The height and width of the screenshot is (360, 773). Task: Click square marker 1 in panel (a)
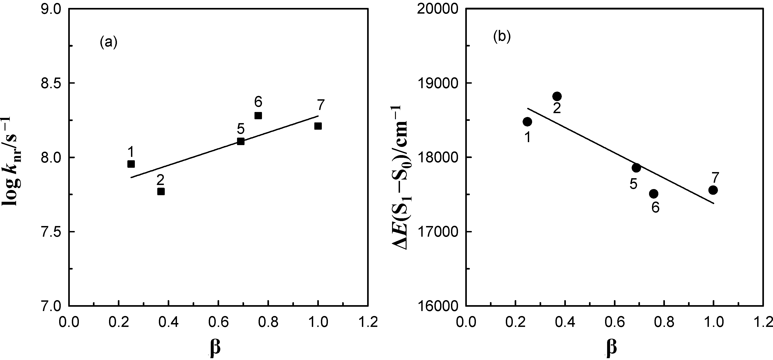pos(131,164)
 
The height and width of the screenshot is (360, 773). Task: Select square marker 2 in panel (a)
pos(161,191)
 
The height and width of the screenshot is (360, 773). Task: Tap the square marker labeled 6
pos(258,116)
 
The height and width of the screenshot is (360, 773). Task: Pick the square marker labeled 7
pos(318,126)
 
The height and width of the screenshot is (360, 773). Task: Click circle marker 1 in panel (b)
pos(527,122)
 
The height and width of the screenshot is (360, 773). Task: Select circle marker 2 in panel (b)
pos(557,96)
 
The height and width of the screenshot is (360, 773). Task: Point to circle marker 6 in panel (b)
pos(654,194)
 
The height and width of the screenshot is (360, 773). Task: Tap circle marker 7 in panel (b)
pos(713,190)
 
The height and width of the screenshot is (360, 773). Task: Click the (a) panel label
pos(108,42)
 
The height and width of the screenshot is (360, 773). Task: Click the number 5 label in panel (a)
pos(241,129)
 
